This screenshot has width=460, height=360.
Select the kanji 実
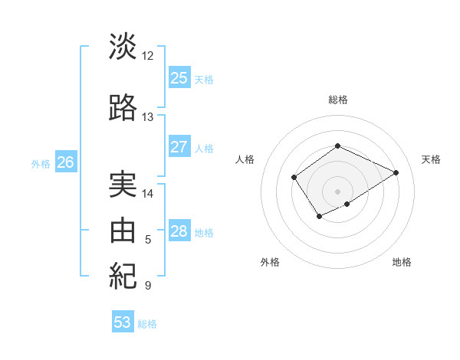123,184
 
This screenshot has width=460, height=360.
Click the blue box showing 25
179,78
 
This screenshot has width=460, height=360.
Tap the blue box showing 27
179,147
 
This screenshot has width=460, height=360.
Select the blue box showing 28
179,231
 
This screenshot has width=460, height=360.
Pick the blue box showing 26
65,162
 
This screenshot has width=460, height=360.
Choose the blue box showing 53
123,322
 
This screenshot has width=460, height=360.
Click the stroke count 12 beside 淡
148,56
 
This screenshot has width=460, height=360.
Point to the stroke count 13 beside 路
148,117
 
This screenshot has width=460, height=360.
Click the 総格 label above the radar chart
337,100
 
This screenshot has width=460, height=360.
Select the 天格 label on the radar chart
431,159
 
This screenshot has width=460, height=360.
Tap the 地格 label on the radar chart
402,262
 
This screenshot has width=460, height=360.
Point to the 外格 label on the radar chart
270,262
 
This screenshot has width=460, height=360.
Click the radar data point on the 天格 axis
396,172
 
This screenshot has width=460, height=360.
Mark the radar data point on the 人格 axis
294,178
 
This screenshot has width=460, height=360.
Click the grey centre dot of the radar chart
337,191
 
